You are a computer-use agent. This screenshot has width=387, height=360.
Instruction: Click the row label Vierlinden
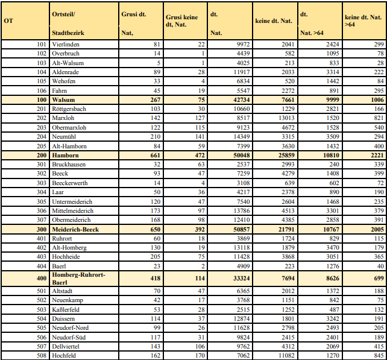point(66,45)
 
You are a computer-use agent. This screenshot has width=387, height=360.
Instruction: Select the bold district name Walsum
point(63,99)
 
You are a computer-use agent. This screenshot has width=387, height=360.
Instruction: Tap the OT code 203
point(41,127)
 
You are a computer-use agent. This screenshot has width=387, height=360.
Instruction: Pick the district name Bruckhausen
point(69,164)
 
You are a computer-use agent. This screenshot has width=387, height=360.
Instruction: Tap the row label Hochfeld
point(64,355)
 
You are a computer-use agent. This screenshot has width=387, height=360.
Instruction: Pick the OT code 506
point(41,337)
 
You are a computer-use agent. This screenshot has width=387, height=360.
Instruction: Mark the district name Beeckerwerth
point(70,183)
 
